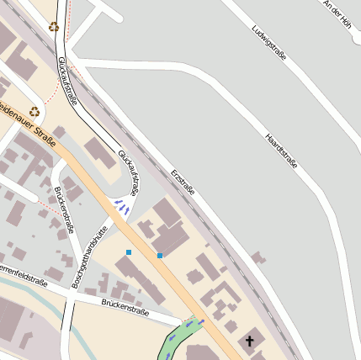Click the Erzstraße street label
(x=183, y=182)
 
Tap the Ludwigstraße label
(x=268, y=43)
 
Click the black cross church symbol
(x=249, y=341)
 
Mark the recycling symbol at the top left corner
(x=54, y=27)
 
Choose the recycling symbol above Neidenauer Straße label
(x=35, y=110)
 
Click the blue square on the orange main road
(x=159, y=255)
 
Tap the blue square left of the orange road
(x=129, y=252)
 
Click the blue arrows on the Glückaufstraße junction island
(x=123, y=204)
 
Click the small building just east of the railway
(x=257, y=257)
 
